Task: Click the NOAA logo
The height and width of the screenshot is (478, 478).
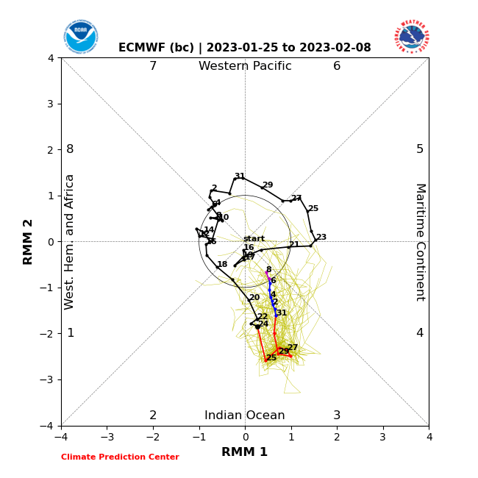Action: tap(81, 37)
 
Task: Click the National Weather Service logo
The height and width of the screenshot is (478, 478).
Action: tap(412, 37)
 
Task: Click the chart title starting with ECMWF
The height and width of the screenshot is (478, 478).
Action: tap(245, 48)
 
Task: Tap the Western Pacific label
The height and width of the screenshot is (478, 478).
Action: tap(245, 66)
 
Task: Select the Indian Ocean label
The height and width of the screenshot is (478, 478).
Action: tap(245, 415)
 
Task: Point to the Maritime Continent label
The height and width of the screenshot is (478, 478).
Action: tap(420, 242)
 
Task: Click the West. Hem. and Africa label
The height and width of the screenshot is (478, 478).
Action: tap(70, 242)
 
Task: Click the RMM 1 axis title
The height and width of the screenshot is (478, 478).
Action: tap(245, 452)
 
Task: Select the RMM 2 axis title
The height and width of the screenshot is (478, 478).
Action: tap(29, 242)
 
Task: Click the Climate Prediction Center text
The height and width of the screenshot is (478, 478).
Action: tap(120, 457)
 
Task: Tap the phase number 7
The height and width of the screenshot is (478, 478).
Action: tap(153, 66)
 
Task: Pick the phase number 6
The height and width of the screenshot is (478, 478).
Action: tap(337, 66)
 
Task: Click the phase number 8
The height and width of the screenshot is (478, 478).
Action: tap(70, 149)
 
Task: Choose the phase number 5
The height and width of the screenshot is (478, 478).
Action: tap(420, 149)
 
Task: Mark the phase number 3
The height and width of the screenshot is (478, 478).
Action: tap(337, 415)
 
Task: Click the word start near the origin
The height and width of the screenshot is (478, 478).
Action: tap(254, 239)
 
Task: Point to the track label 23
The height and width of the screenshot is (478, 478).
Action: tap(321, 238)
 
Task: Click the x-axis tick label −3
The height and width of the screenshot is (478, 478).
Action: tap(107, 437)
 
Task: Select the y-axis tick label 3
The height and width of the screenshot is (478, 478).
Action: tap(51, 104)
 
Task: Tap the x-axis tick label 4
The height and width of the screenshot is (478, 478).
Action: tap(429, 437)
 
